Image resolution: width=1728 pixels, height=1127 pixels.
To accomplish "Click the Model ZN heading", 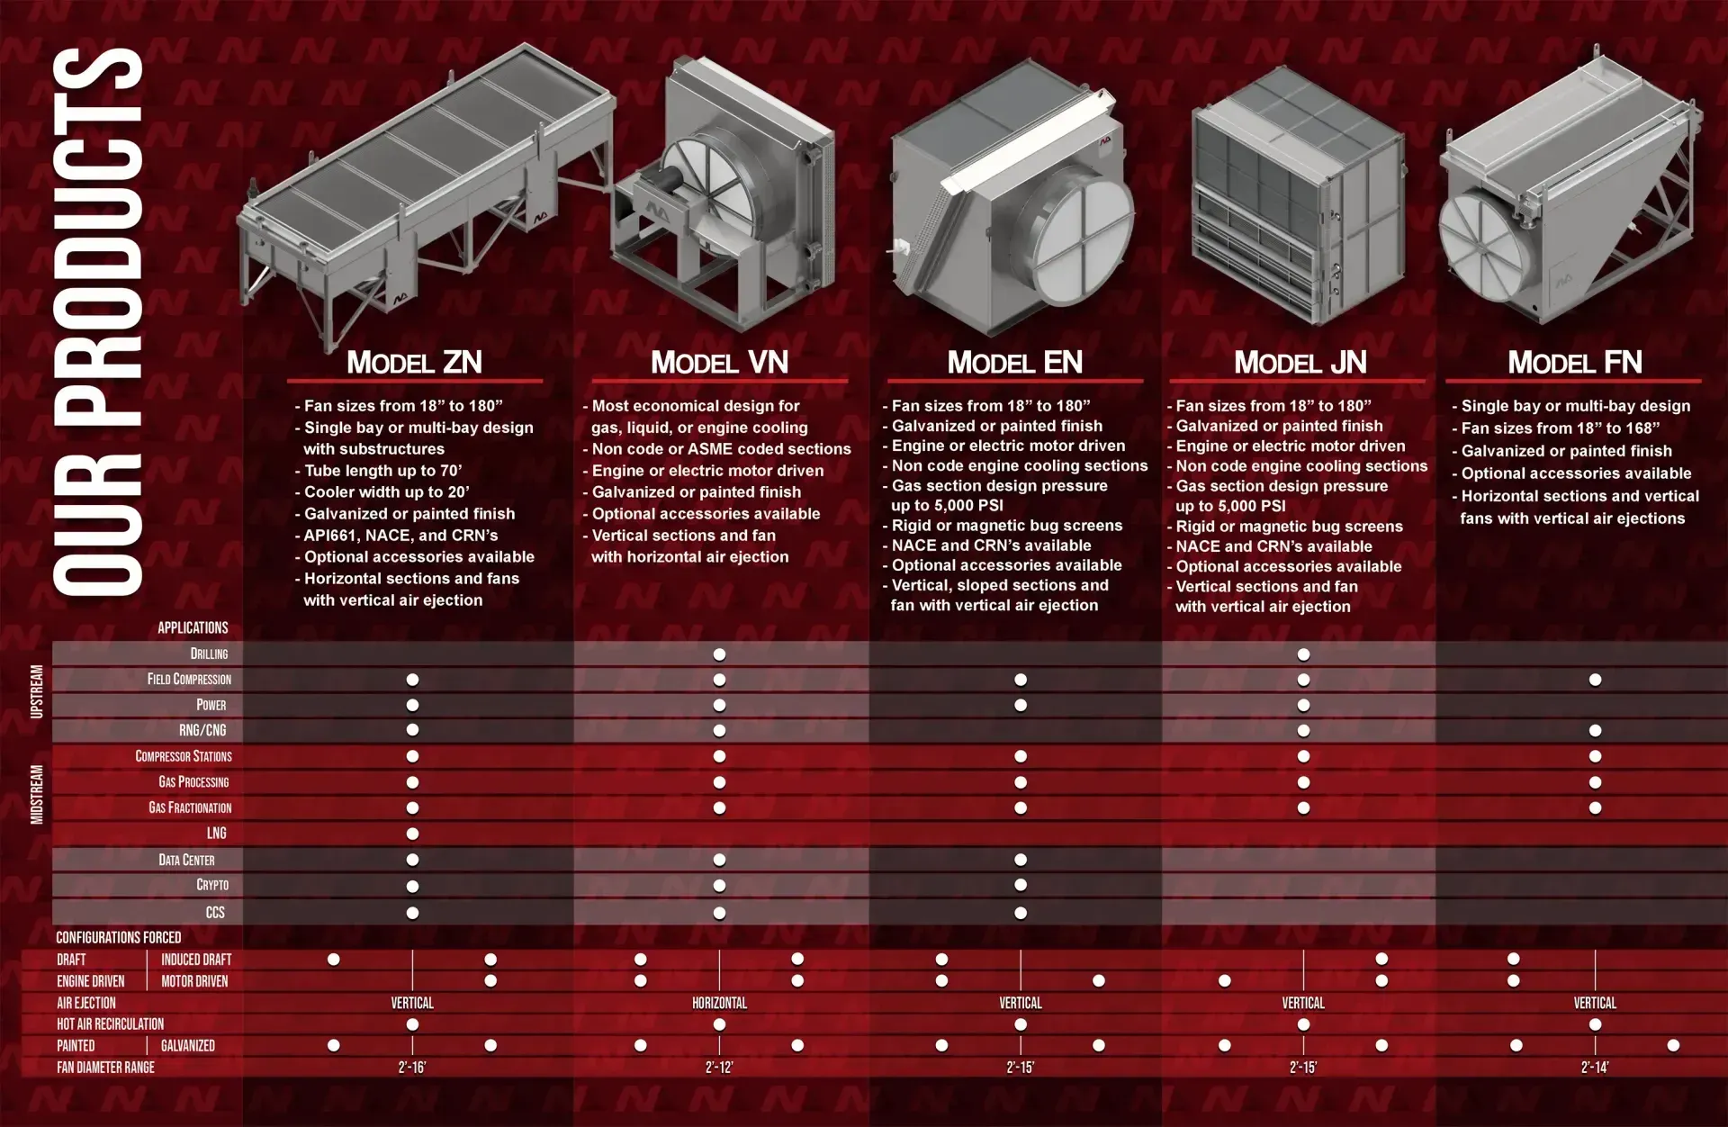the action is [415, 362].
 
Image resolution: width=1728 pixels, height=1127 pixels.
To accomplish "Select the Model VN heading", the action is [719, 362].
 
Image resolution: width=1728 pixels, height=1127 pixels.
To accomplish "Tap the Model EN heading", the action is [1014, 362].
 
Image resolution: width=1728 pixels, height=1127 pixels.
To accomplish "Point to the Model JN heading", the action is [1300, 362].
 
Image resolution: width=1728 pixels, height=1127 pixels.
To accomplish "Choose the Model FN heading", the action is [1575, 362].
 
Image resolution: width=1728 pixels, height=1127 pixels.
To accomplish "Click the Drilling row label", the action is [209, 654].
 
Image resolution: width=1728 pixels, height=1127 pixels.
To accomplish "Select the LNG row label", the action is [216, 834].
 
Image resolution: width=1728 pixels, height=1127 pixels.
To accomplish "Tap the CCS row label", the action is [215, 913].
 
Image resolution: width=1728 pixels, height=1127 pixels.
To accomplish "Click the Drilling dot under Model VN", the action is [719, 654].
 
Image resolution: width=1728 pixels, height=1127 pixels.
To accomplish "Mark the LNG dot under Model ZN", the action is [412, 834].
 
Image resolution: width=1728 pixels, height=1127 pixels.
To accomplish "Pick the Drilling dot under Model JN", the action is [1303, 654].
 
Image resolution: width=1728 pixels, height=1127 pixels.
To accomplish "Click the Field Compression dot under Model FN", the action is [1595, 680].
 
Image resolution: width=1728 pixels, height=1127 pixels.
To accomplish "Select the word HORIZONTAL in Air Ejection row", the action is [719, 1003].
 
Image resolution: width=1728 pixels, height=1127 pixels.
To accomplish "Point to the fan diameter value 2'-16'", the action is [412, 1068].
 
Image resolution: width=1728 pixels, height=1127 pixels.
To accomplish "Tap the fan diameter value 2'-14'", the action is [1595, 1068].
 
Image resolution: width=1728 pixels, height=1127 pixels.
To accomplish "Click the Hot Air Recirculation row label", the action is [110, 1024].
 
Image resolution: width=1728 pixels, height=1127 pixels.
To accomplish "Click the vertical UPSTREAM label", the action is [37, 691].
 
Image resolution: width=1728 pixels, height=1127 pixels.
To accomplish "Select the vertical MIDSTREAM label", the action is [37, 794].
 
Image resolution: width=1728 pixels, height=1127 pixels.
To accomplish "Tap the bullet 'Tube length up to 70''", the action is [383, 471].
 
